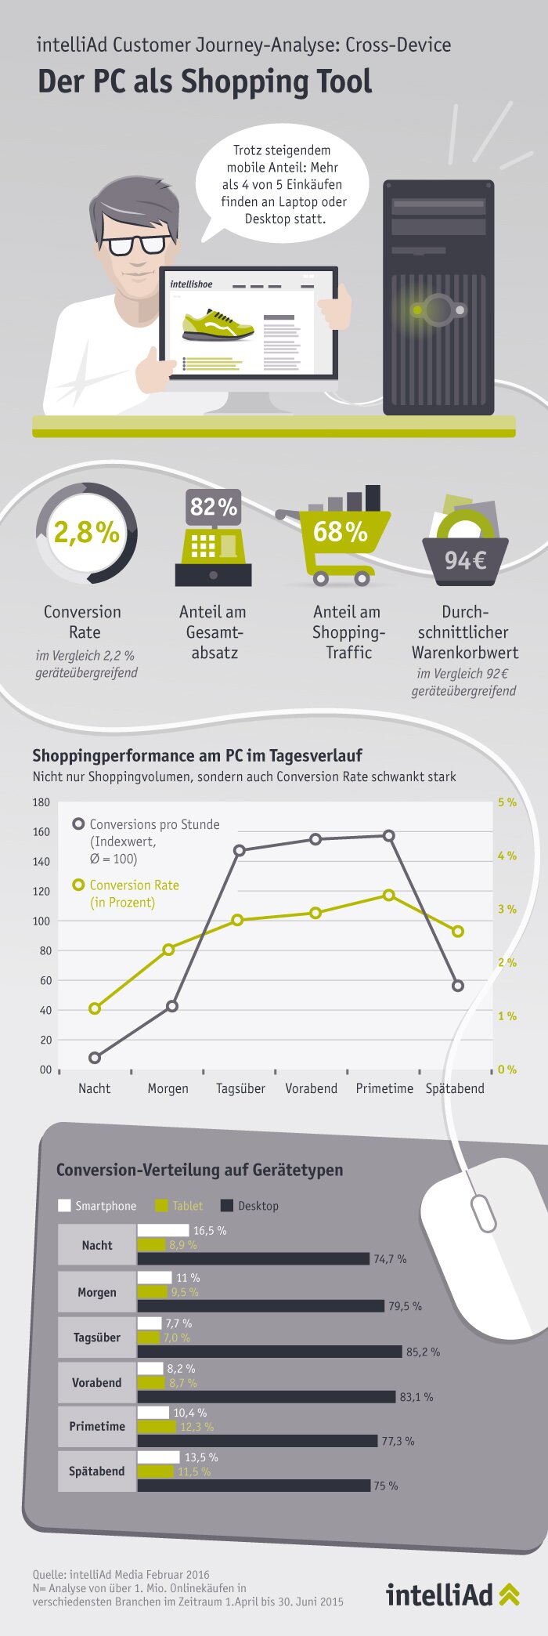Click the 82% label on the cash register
(x=213, y=507)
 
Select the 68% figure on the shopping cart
(x=341, y=532)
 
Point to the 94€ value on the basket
(x=465, y=560)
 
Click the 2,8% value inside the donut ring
(x=86, y=533)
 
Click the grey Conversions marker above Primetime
(x=388, y=835)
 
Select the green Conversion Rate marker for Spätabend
(x=458, y=932)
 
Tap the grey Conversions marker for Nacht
(x=95, y=1058)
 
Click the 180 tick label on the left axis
(x=41, y=802)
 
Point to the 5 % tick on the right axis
(x=507, y=802)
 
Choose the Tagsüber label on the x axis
(x=240, y=1088)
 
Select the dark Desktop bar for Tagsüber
(x=270, y=1352)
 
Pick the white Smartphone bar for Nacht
(x=164, y=1230)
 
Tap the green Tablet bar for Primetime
(x=157, y=1427)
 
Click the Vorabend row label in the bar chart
(x=97, y=1383)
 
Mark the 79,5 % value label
(x=406, y=1306)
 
